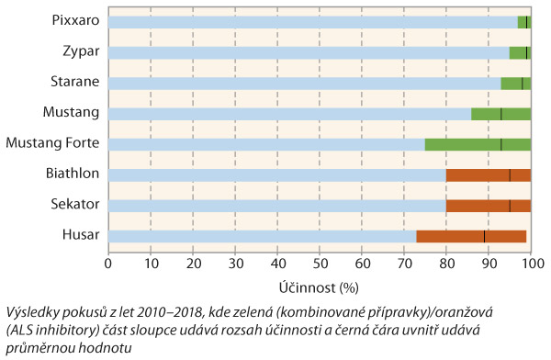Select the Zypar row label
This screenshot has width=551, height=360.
[x=81, y=51]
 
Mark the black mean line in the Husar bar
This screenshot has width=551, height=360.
[x=484, y=236]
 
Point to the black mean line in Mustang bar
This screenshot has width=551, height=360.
[x=501, y=114]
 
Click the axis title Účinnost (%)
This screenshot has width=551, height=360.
[x=319, y=286]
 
